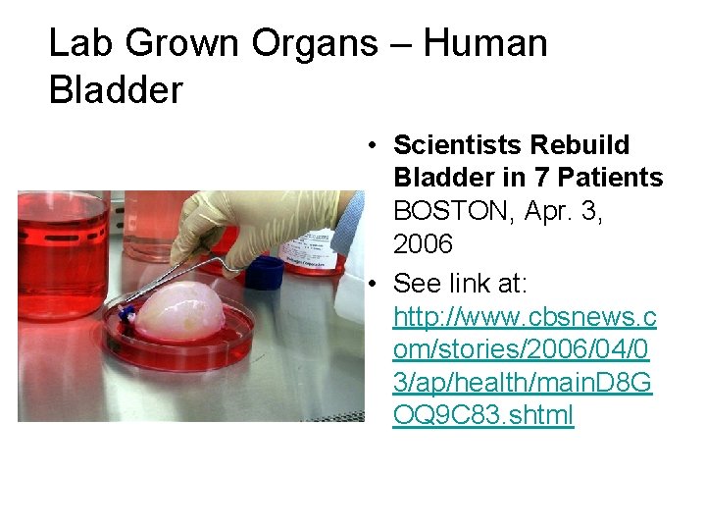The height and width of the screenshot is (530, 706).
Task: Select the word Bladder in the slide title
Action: click(x=116, y=90)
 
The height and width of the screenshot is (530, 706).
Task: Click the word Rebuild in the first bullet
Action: click(x=580, y=145)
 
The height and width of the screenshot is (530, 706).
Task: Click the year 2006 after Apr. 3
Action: click(x=423, y=242)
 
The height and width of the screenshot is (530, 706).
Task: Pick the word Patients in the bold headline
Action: click(x=608, y=178)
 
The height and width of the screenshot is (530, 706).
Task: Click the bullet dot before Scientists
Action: click(x=375, y=146)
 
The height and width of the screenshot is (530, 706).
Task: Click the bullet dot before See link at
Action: click(x=375, y=285)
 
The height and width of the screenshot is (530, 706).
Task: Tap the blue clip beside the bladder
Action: click(x=126, y=314)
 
